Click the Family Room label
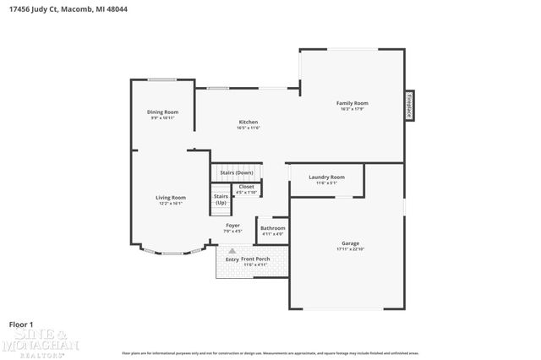coord(352,103)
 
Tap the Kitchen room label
coord(248,122)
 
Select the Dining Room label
coord(163,112)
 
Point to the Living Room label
coord(172,198)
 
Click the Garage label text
coord(350,243)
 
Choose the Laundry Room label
coord(326,177)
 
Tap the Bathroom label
coord(272,228)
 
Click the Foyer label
coord(232,226)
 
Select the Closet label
coord(246,187)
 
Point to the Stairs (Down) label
coord(237,172)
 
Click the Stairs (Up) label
coord(221,199)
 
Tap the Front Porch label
coord(255,259)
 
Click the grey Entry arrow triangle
coord(232,251)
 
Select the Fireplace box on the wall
coord(409,106)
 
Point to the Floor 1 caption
coord(20,324)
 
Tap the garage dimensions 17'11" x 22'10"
coord(350,249)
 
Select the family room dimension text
coord(352,109)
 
